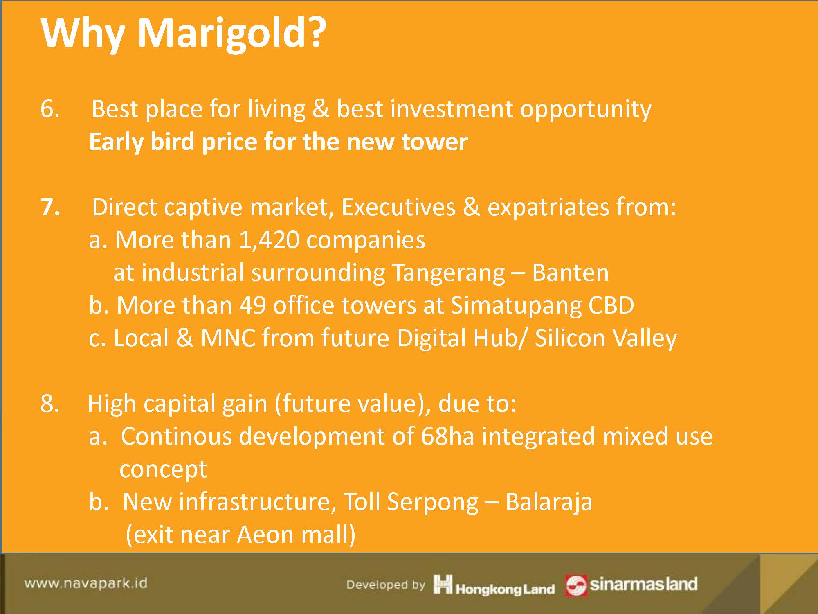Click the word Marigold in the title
click(231, 35)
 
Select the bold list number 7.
click(50, 208)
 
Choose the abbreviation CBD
click(611, 306)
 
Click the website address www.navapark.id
click(85, 583)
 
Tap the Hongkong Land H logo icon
click(443, 584)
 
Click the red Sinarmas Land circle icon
click(575, 585)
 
